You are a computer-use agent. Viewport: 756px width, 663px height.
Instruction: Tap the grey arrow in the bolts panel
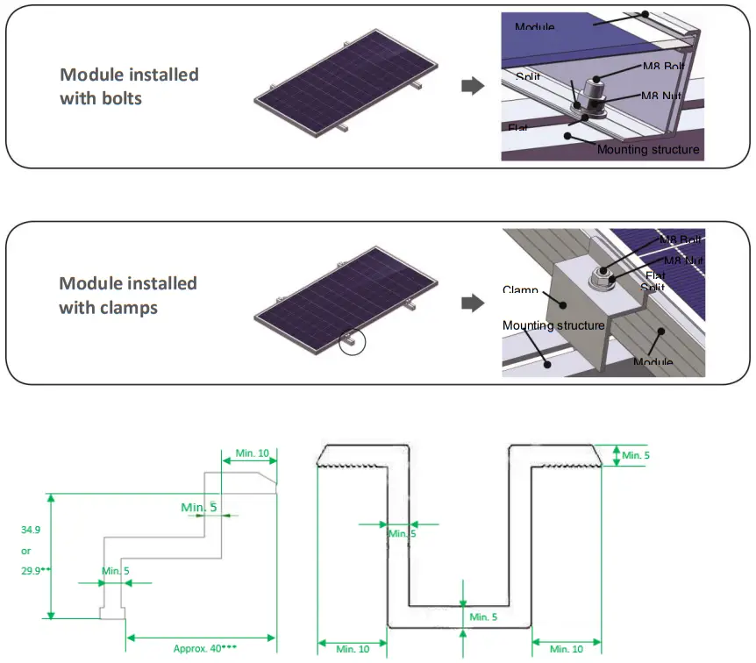pyautogui.click(x=472, y=85)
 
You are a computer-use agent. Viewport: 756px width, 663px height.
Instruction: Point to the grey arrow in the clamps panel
pyautogui.click(x=472, y=303)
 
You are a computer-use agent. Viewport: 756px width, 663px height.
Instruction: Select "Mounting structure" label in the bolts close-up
pyautogui.click(x=648, y=149)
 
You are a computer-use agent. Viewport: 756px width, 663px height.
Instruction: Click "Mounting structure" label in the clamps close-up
pyautogui.click(x=553, y=325)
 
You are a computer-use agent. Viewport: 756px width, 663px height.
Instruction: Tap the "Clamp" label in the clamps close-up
pyautogui.click(x=520, y=289)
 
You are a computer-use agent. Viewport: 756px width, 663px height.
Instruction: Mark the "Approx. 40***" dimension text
pyautogui.click(x=204, y=648)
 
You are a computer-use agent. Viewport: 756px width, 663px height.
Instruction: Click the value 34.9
pyautogui.click(x=32, y=530)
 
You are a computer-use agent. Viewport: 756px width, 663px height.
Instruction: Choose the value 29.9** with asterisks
pyautogui.click(x=35, y=570)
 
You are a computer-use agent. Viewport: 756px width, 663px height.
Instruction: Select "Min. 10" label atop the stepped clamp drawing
pyautogui.click(x=253, y=453)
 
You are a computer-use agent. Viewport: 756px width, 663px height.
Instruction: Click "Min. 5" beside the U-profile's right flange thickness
pyautogui.click(x=636, y=454)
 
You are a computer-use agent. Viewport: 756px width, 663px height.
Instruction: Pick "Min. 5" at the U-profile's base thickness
pyautogui.click(x=484, y=617)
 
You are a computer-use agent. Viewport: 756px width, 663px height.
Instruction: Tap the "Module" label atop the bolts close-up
pyautogui.click(x=534, y=26)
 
